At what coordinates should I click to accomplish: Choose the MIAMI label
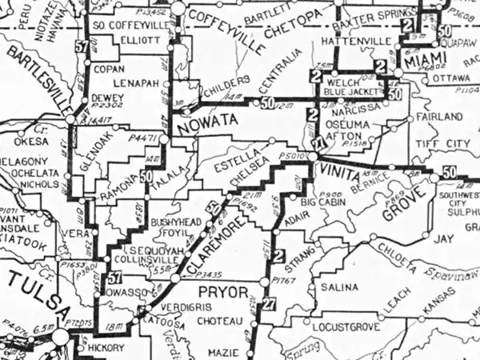click(x=422, y=62)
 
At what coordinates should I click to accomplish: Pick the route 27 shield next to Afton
click(x=318, y=142)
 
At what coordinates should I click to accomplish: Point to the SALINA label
click(x=338, y=286)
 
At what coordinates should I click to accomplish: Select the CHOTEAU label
click(x=218, y=322)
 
